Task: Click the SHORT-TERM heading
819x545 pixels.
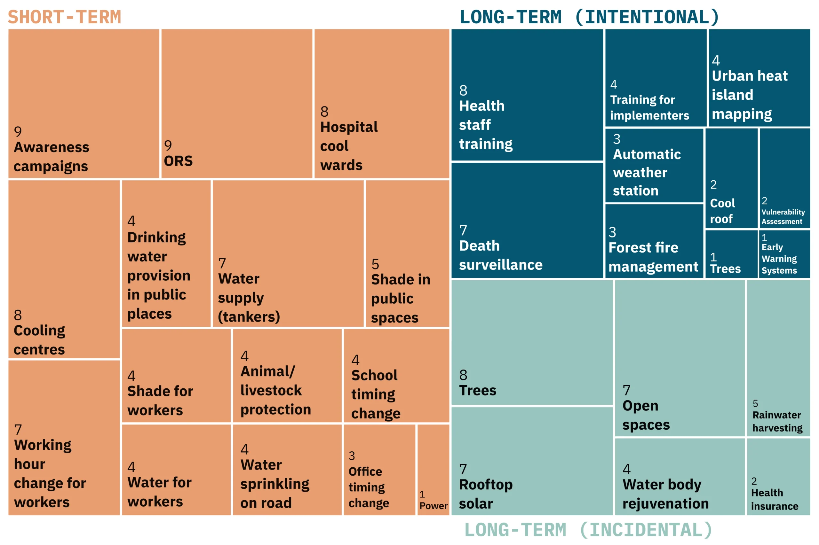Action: point(64,17)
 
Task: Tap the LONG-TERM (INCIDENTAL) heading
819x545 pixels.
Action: point(588,530)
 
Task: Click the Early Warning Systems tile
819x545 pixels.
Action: point(784,254)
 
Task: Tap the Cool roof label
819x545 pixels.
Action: point(722,211)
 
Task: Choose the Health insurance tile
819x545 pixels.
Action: point(778,477)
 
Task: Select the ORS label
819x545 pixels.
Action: point(178,161)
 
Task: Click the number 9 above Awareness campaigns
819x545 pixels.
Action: point(18,132)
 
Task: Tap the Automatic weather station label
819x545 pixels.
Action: point(646,172)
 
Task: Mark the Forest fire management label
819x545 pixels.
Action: point(653,257)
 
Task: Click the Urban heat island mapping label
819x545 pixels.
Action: point(749,95)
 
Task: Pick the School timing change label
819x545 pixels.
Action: point(375,394)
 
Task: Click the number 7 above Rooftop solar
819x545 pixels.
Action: point(463,469)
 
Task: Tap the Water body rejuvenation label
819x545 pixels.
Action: point(665,494)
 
